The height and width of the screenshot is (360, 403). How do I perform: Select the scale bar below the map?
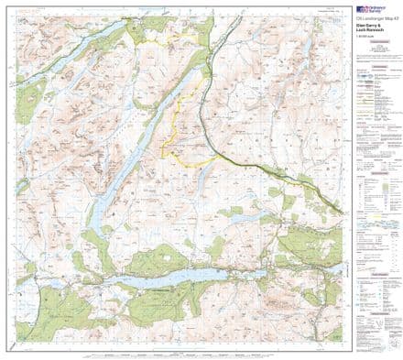pos(183,352)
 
